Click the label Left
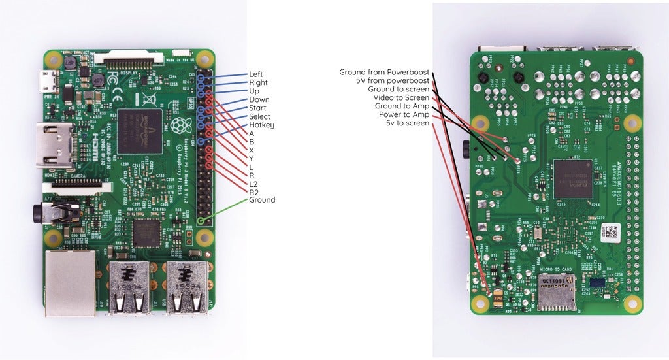[x=256, y=74]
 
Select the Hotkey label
[x=261, y=125]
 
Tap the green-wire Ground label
[x=262, y=200]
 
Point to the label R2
[x=254, y=191]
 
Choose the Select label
[x=259, y=116]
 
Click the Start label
[x=257, y=108]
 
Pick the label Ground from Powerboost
[x=384, y=72]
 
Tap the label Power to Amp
[x=402, y=114]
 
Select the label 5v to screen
[x=407, y=123]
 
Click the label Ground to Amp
[x=402, y=106]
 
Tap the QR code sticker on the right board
[x=609, y=231]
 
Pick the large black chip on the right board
[x=572, y=179]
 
